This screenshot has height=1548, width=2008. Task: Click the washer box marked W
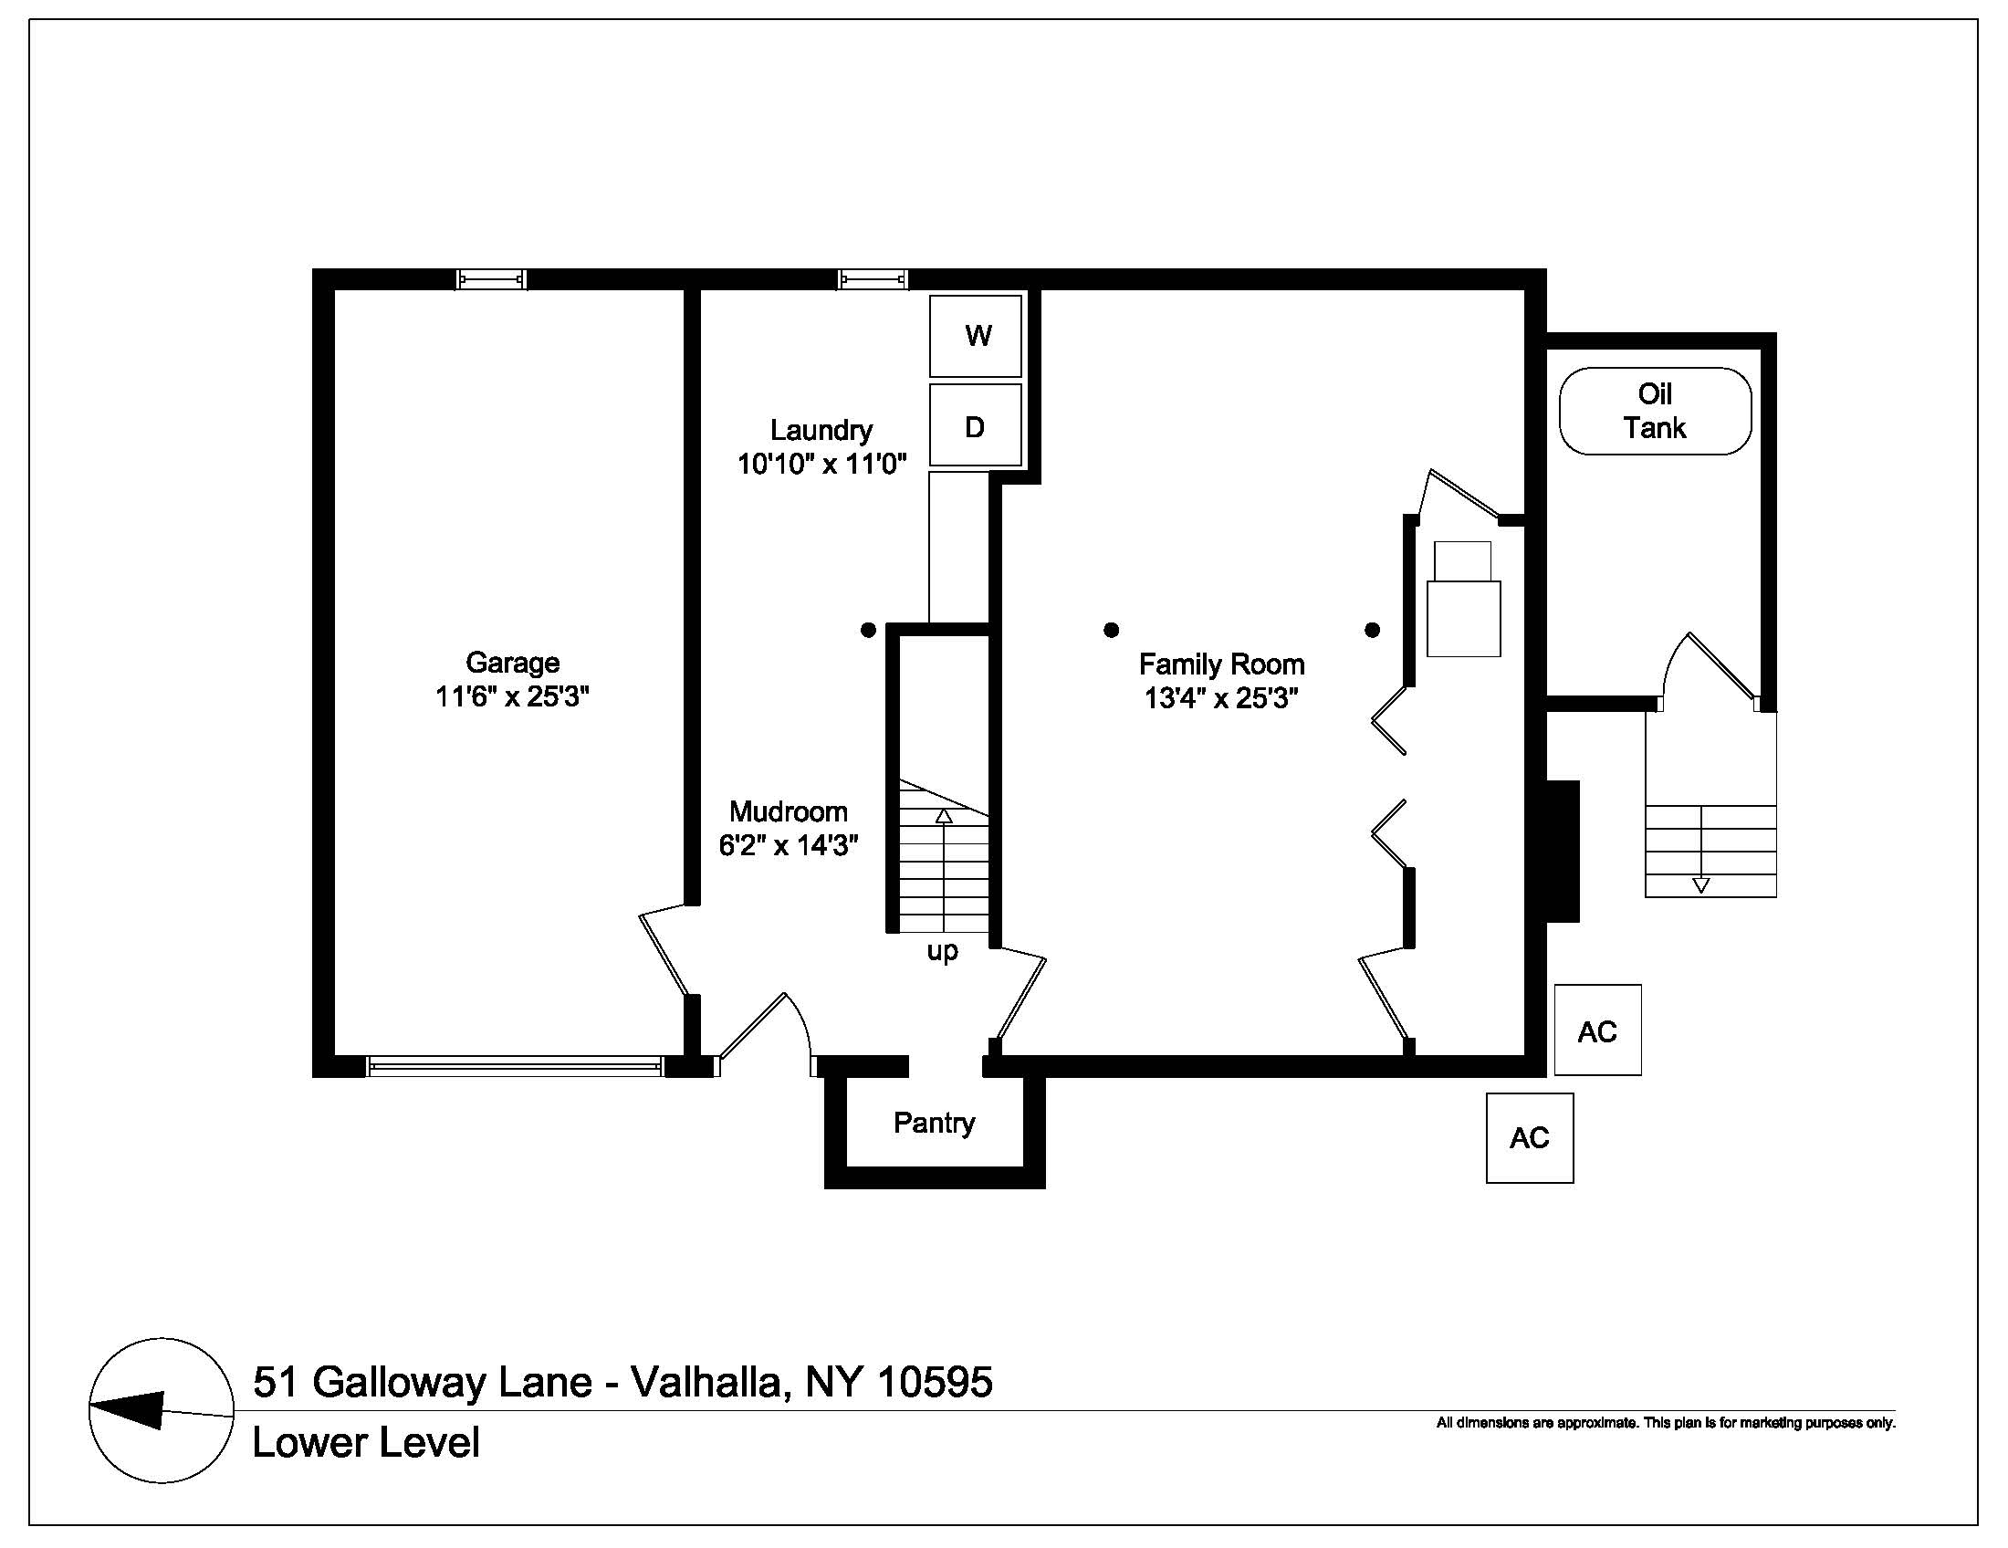(976, 336)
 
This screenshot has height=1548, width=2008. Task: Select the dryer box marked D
(976, 424)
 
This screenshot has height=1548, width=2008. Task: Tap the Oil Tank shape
(1655, 411)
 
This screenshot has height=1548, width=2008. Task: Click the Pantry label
(934, 1123)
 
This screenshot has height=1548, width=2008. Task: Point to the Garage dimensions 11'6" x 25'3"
(512, 696)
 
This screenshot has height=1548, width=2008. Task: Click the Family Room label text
(1222, 664)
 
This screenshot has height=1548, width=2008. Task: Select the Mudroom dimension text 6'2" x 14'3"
(789, 844)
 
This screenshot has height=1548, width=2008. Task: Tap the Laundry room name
(821, 430)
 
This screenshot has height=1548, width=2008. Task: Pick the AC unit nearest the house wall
(1598, 1030)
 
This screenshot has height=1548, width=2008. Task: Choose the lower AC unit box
(1530, 1138)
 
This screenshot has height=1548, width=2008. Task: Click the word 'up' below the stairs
(943, 951)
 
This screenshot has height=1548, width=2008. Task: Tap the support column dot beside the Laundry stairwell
(868, 630)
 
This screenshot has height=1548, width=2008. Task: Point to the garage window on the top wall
(492, 278)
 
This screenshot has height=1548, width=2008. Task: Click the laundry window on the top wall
(873, 278)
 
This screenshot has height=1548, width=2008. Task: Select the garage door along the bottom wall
(514, 1066)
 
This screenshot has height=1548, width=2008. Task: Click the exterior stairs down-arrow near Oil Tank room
(1701, 850)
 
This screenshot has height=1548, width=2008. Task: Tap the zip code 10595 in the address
(935, 1382)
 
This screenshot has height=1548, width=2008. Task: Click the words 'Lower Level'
(366, 1442)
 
